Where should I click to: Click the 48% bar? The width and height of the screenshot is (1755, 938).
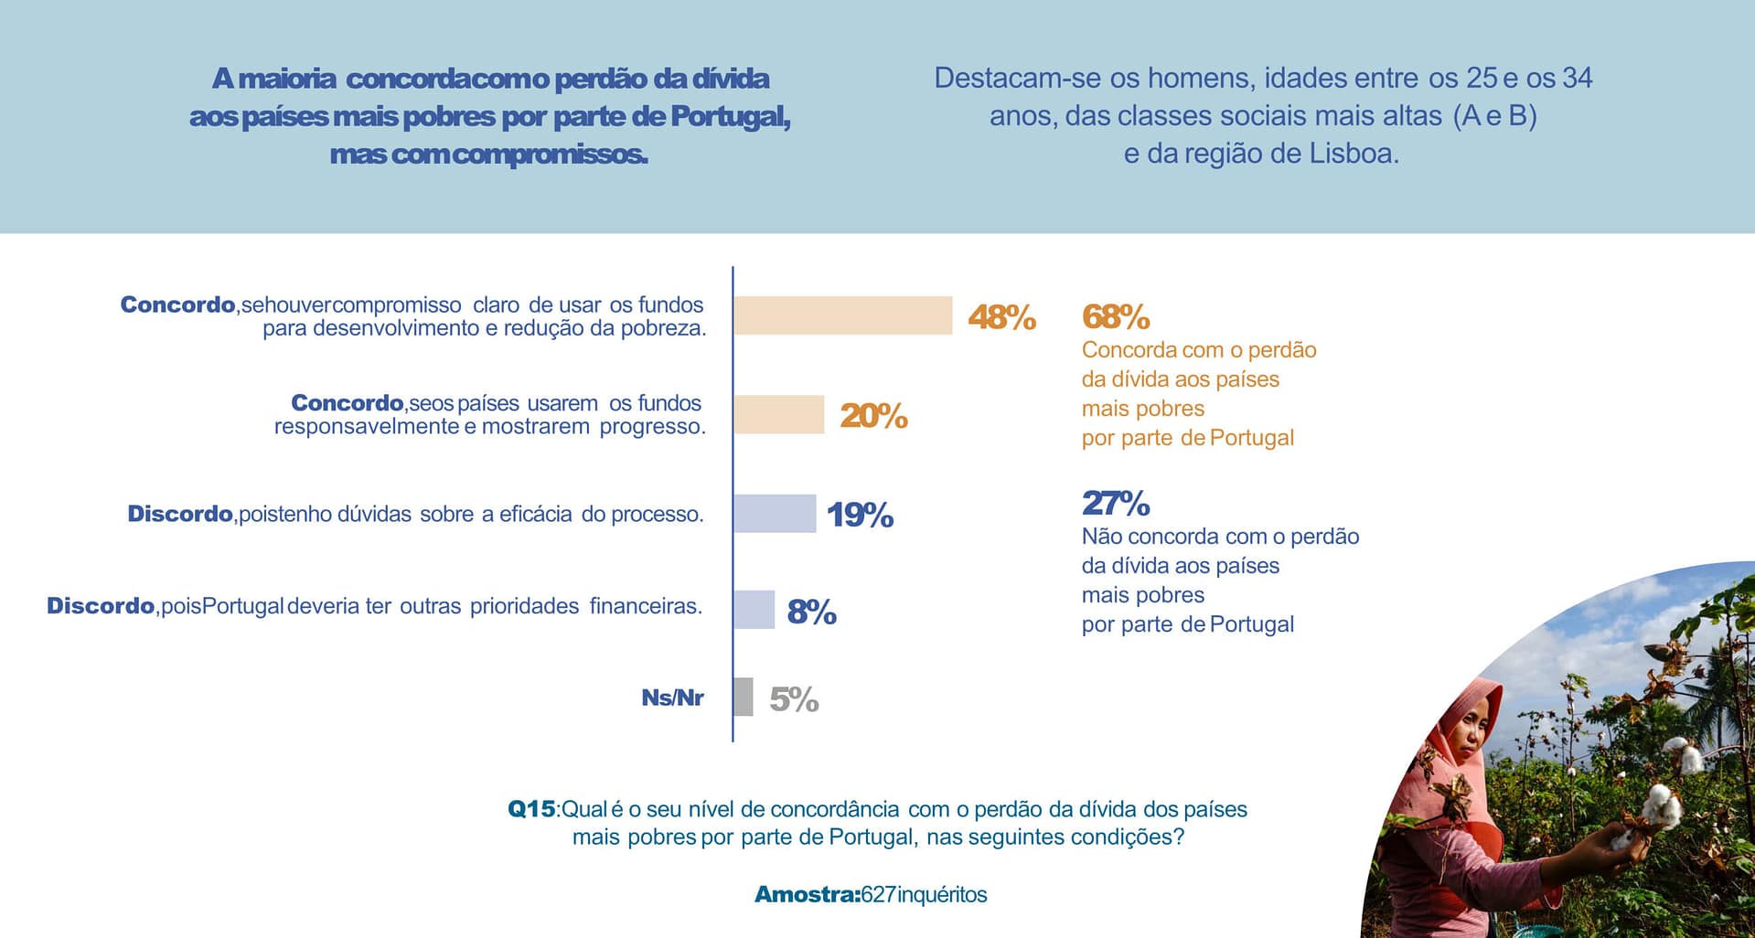click(842, 315)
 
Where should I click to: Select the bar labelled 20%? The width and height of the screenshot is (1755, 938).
click(778, 414)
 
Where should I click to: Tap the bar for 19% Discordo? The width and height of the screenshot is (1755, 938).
click(775, 513)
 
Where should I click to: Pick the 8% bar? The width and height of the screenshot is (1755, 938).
click(754, 610)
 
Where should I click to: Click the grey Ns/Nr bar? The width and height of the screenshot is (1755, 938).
click(743, 697)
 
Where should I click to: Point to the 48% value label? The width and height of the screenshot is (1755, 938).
click(1001, 317)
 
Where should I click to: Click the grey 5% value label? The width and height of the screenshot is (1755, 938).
click(794, 699)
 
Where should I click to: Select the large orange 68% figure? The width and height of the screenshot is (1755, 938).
click(1115, 316)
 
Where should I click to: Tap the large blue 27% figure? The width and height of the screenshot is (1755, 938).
click(1115, 503)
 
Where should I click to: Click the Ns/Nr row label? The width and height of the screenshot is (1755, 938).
click(672, 698)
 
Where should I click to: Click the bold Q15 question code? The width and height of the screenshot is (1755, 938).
click(531, 809)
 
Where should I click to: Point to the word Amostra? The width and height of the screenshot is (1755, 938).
click(806, 894)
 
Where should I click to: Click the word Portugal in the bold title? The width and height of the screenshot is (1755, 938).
click(729, 116)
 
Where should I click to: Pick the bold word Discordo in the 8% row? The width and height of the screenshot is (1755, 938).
click(101, 605)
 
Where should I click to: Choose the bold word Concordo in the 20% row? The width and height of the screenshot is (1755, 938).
click(347, 402)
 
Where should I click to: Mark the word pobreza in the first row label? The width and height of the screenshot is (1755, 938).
click(660, 328)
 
